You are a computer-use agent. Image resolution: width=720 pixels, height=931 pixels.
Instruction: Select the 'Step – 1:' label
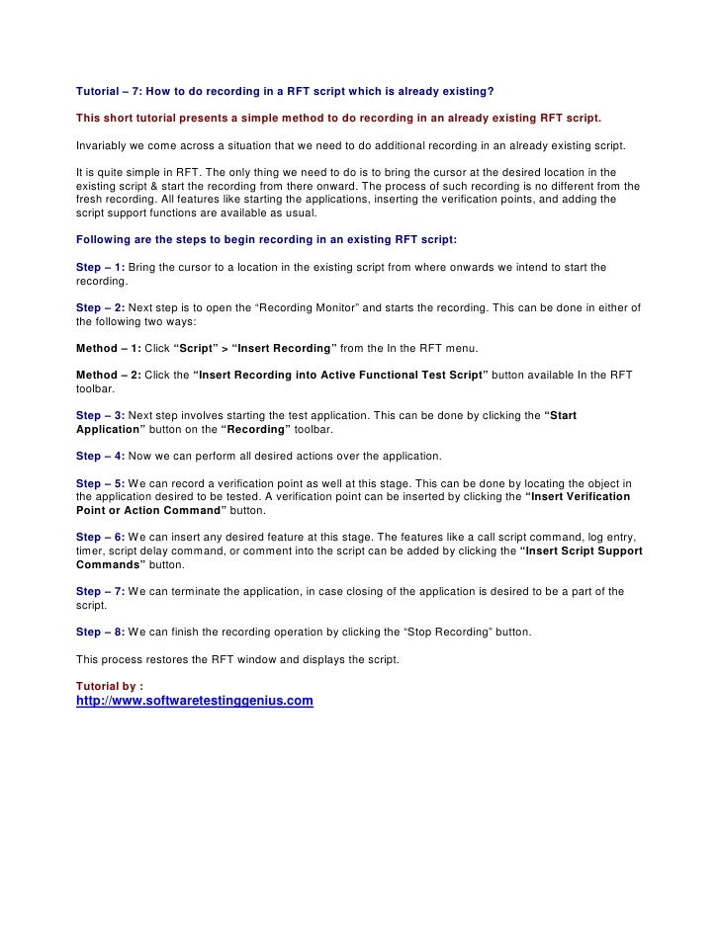click(100, 267)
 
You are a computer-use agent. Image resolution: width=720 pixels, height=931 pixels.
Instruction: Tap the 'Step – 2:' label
click(100, 308)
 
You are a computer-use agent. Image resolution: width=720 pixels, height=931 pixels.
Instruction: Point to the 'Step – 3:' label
click(100, 414)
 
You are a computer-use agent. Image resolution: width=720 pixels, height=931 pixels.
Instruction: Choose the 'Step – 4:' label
click(100, 456)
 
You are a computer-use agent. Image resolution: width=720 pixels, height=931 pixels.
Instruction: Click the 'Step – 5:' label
click(100, 482)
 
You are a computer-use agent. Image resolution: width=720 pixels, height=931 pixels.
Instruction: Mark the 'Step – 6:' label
click(100, 536)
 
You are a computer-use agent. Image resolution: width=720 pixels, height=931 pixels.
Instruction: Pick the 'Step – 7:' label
click(100, 591)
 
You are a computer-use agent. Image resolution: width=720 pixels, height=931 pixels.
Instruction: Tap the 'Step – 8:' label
click(100, 631)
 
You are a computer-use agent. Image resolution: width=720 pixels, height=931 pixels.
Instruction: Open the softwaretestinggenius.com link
click(195, 701)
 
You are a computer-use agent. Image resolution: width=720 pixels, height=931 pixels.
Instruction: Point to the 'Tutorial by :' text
click(109, 685)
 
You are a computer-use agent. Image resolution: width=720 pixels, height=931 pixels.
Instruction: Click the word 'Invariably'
click(100, 145)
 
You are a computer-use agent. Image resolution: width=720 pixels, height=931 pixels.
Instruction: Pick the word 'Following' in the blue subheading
click(103, 239)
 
